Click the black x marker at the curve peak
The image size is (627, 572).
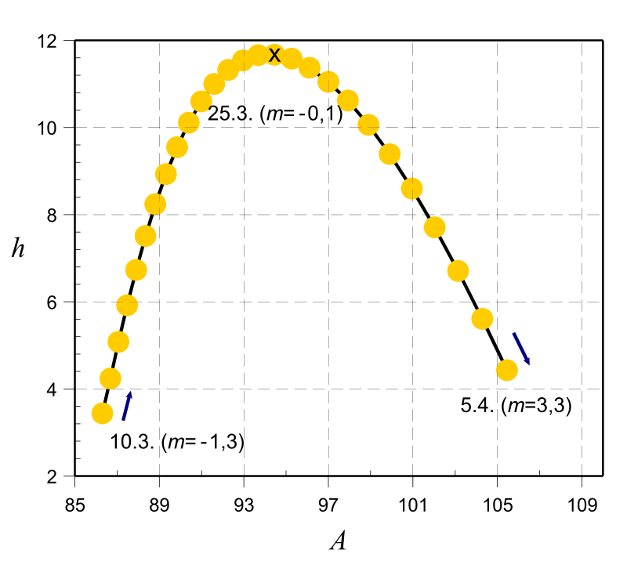tap(274, 55)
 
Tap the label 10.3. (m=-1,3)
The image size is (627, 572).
tap(177, 442)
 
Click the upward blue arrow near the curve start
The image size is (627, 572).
tap(127, 406)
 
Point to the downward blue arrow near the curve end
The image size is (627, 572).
tap(521, 349)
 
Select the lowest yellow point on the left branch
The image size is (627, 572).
tap(102, 413)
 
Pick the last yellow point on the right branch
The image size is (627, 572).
tap(506, 370)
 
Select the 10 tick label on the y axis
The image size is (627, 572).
tap(53, 128)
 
